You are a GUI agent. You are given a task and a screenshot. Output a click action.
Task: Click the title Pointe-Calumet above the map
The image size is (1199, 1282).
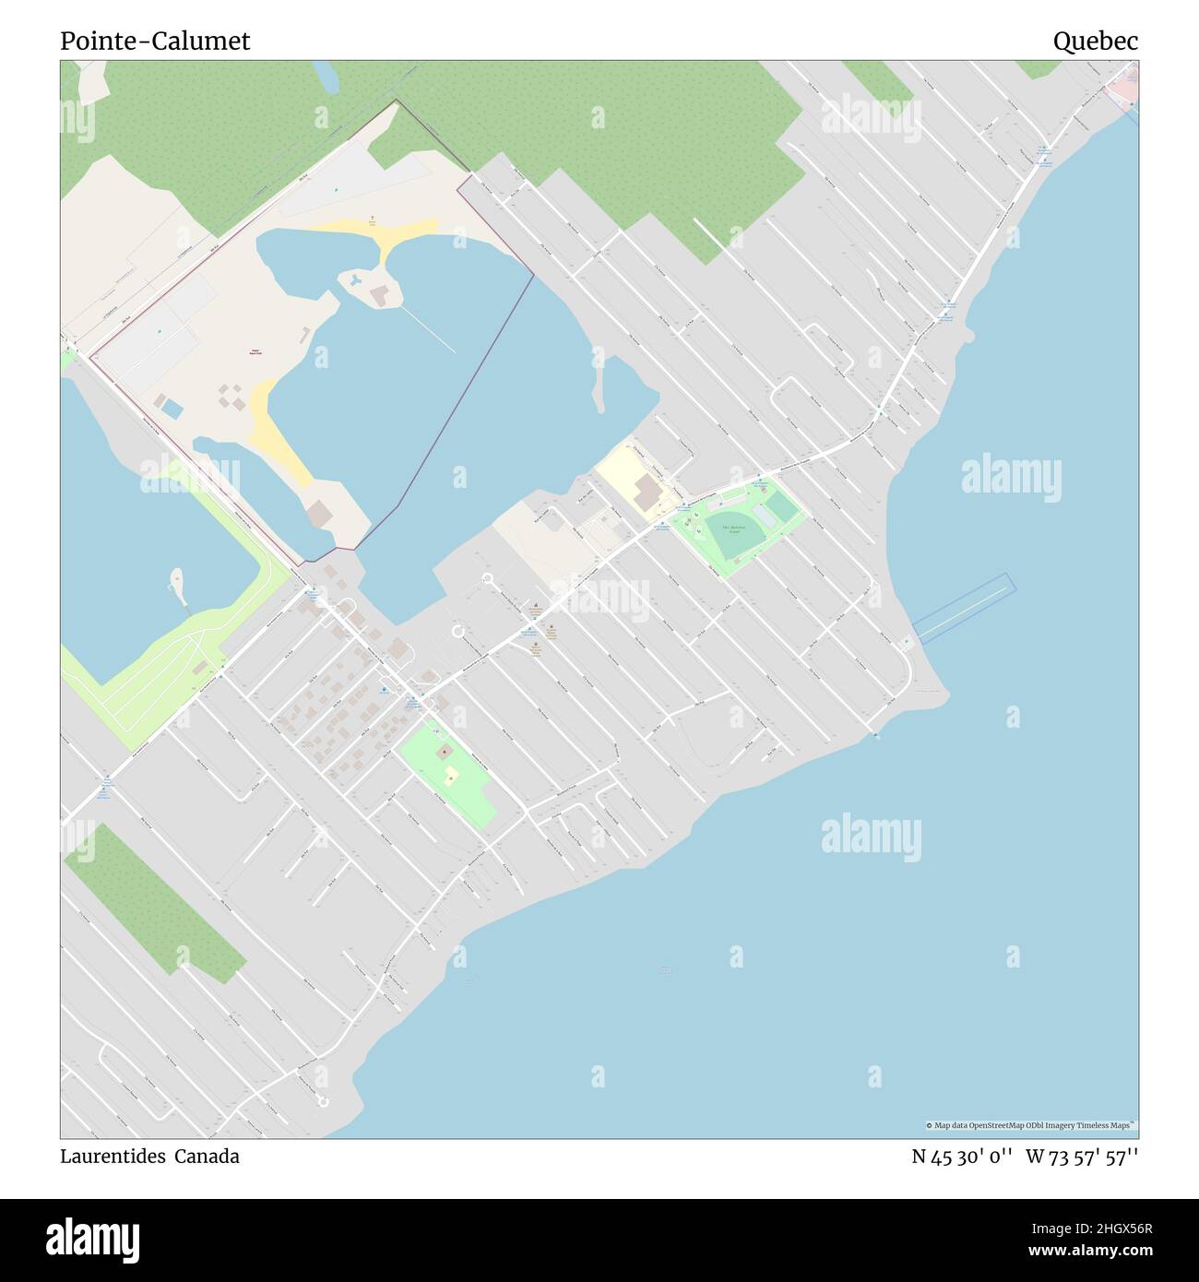coord(155,42)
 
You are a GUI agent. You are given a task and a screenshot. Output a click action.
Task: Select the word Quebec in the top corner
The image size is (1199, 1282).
coord(1096,42)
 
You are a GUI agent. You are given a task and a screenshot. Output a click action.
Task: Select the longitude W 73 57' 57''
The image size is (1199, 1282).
coord(1082,1157)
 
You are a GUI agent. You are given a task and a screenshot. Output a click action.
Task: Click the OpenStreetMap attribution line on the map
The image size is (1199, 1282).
coord(1030,1125)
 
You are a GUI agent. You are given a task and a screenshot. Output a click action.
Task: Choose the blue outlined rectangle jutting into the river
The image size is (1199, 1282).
coord(963,606)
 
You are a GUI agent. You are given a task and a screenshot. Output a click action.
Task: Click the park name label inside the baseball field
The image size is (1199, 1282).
coord(733,529)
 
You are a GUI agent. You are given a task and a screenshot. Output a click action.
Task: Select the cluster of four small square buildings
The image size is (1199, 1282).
coord(232,398)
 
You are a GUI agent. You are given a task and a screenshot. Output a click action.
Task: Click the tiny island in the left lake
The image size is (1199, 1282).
coord(177,581)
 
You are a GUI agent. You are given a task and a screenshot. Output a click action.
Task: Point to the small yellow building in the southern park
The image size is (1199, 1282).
coord(451,775)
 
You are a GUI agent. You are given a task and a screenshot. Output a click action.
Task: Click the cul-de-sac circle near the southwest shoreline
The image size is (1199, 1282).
coord(322,1100)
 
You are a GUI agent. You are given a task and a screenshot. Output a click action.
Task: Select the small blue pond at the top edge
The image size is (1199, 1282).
coord(324,73)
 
